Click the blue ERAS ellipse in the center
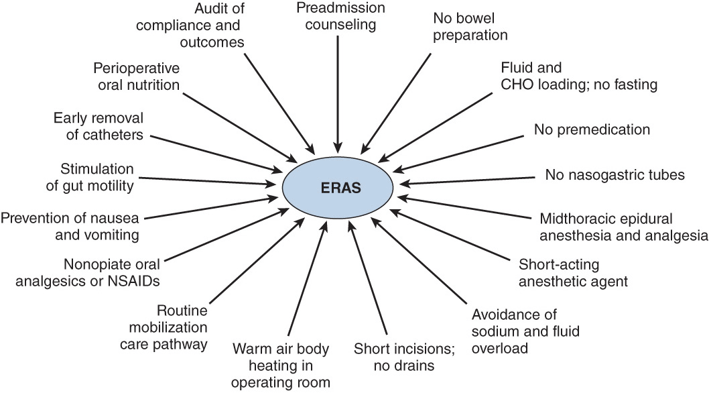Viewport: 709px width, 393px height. click(x=340, y=188)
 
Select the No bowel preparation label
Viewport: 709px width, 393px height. click(x=470, y=27)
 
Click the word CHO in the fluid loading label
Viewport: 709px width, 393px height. click(x=516, y=85)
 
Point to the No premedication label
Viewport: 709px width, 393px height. click(x=592, y=129)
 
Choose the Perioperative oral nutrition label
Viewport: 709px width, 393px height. click(x=137, y=76)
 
